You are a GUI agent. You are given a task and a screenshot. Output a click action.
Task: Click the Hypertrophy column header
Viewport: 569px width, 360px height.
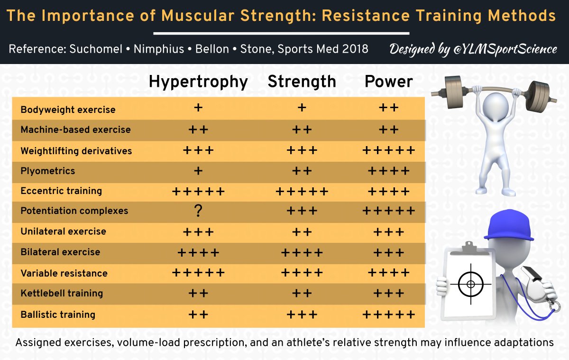tap(198, 82)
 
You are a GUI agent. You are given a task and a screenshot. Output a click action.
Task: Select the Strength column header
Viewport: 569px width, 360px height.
tap(302, 82)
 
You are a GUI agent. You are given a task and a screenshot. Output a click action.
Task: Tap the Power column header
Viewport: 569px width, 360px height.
tap(388, 82)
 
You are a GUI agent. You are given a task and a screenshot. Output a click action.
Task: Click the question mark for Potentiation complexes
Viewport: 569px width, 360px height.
tap(198, 211)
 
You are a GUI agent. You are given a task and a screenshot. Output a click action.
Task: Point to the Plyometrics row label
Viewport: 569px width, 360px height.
tap(47, 171)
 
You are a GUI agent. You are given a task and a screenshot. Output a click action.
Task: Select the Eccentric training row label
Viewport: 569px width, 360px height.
tap(61, 191)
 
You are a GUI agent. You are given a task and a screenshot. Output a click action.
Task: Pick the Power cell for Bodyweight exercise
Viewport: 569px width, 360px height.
tap(388, 108)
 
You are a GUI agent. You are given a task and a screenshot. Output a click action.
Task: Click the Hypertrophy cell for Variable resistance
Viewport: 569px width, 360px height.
tap(198, 273)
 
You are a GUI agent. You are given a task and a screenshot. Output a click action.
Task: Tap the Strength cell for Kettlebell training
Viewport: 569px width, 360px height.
tap(302, 293)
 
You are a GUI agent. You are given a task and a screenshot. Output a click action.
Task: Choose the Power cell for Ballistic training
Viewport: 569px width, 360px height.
tap(388, 314)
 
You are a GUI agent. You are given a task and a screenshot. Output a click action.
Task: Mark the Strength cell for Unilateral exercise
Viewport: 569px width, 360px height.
tap(302, 232)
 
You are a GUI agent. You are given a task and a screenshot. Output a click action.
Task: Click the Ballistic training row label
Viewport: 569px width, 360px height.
tap(58, 314)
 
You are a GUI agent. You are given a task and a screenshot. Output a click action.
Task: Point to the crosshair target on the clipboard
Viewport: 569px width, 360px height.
tap(470, 284)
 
